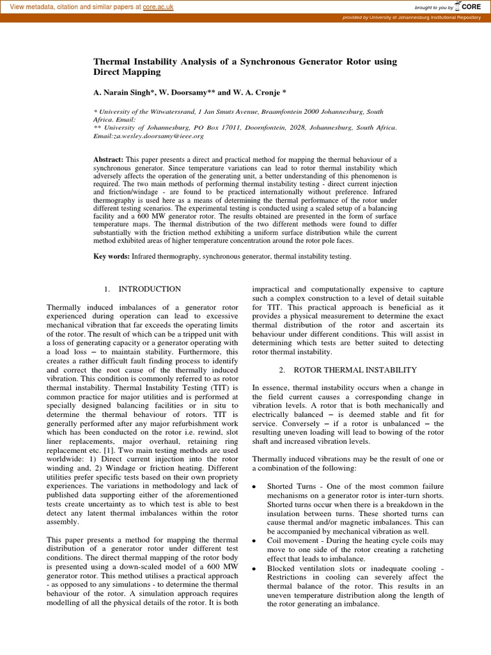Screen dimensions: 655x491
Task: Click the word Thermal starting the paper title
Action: pyautogui.click(x=113, y=61)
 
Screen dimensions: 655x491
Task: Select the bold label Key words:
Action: pyautogui.click(x=112, y=256)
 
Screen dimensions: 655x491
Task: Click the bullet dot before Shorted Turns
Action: pyautogui.click(x=255, y=487)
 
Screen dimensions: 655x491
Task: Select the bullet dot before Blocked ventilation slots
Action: pyautogui.click(x=255, y=568)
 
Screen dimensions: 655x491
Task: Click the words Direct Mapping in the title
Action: pyautogui.click(x=127, y=72)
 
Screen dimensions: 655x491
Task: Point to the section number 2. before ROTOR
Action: pyautogui.click(x=283, y=370)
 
